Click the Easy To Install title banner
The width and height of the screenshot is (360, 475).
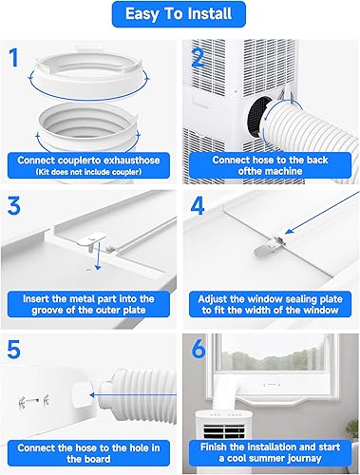(x=180, y=14)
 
